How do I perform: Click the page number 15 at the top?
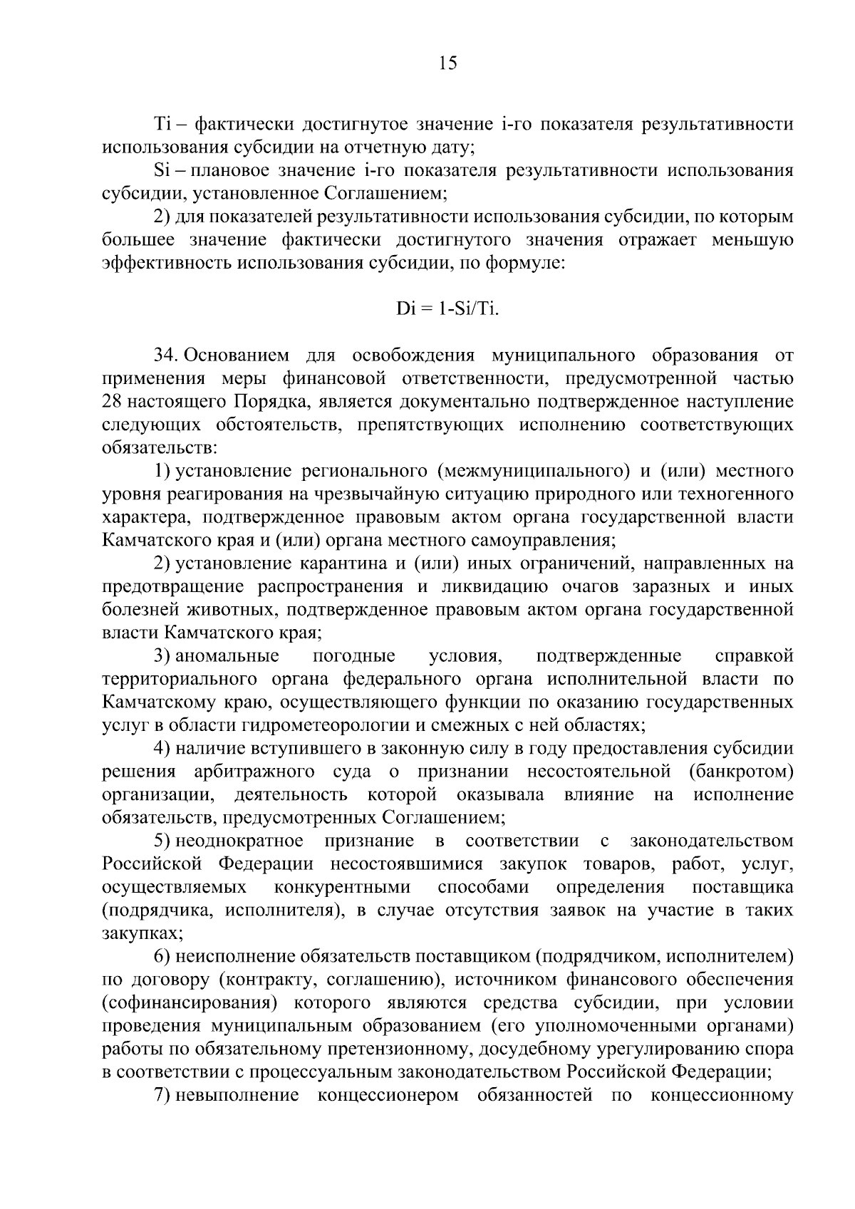447,63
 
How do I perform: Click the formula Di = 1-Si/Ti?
447,310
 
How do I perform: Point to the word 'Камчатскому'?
182,702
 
